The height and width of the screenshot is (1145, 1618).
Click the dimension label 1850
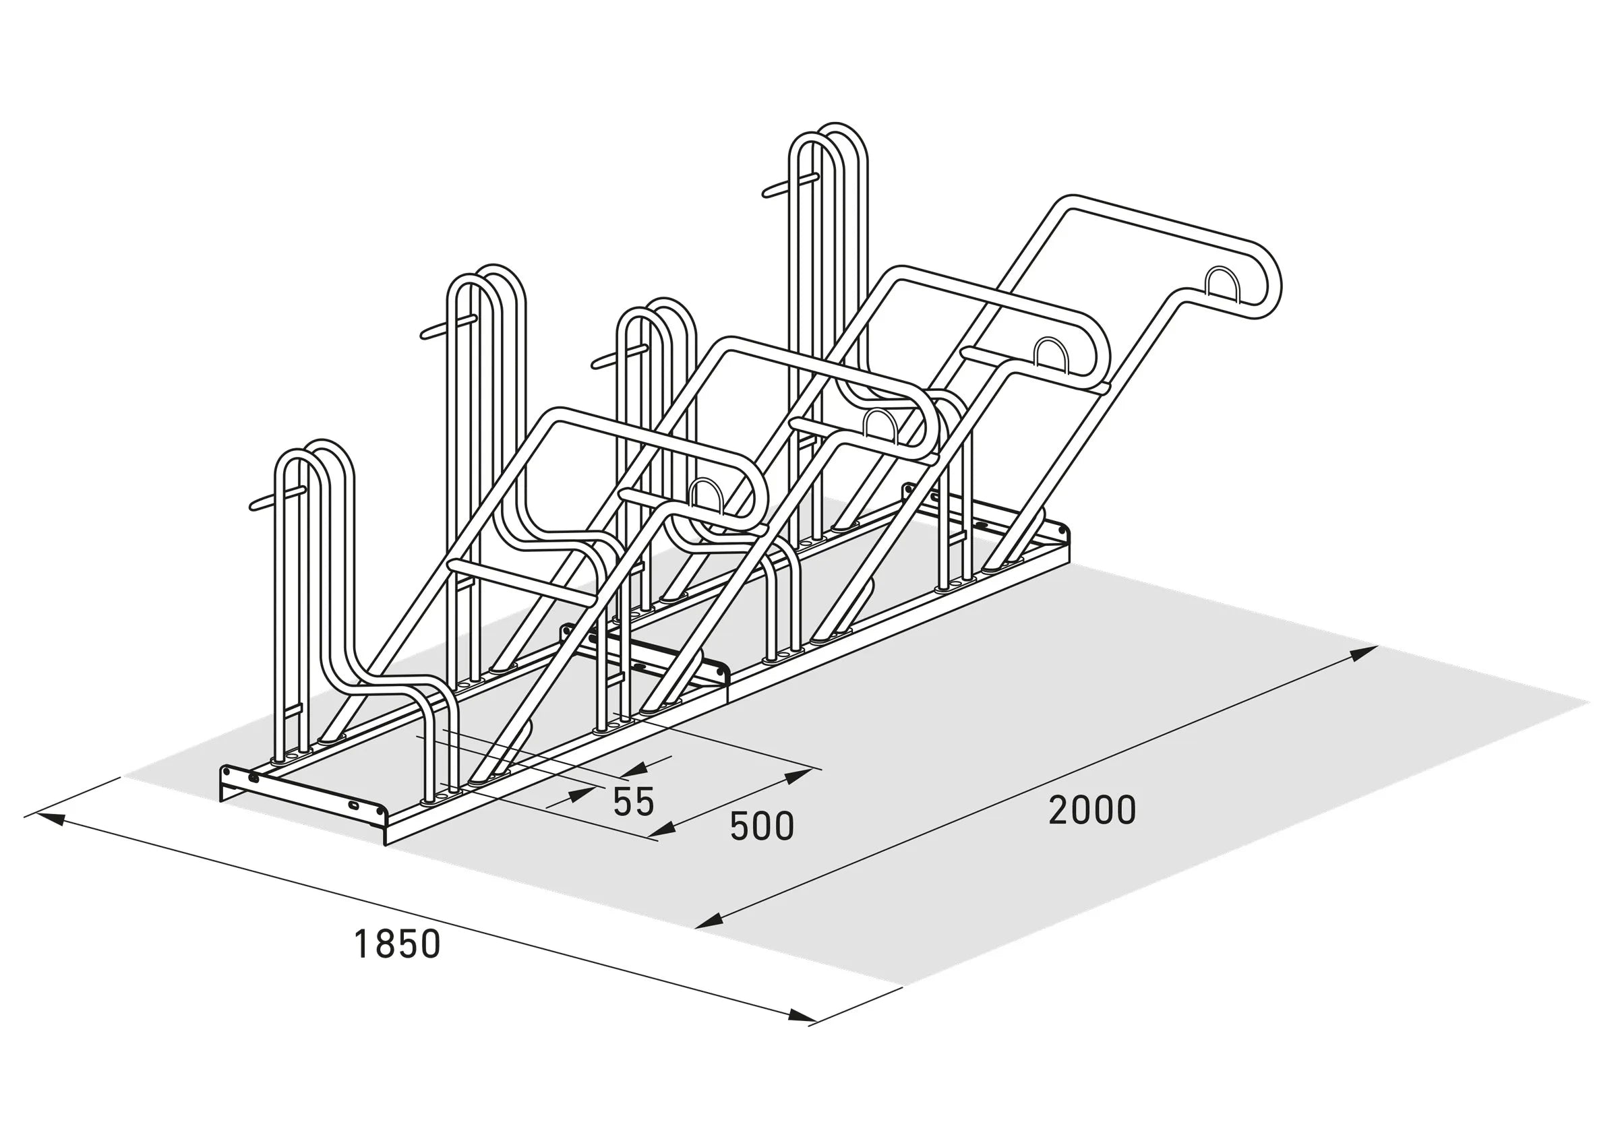pos(397,945)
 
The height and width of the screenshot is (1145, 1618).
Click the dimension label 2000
pos(1092,811)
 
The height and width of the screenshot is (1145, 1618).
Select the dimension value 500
pos(762,826)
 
